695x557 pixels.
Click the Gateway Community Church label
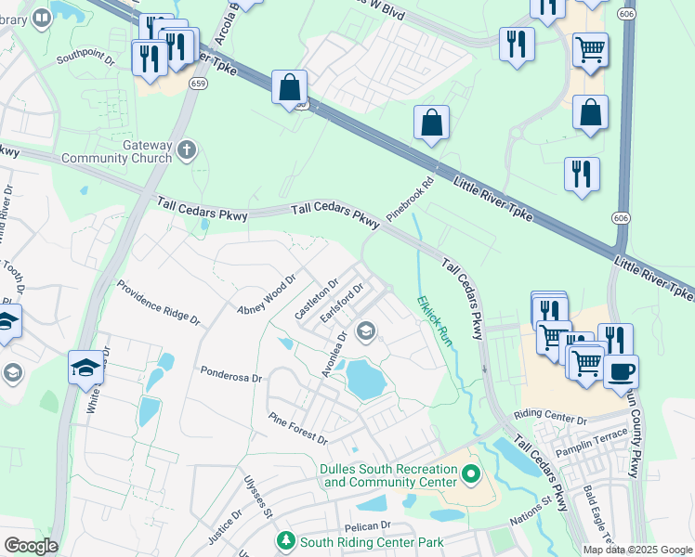point(116,151)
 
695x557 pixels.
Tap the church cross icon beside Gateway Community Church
point(187,149)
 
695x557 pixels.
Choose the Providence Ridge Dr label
point(158,304)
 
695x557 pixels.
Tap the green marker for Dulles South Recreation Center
point(471,475)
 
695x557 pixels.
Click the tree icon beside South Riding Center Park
point(286,540)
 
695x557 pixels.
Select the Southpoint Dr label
point(85,59)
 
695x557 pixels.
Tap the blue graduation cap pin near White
point(85,367)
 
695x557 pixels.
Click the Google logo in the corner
point(30,546)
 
